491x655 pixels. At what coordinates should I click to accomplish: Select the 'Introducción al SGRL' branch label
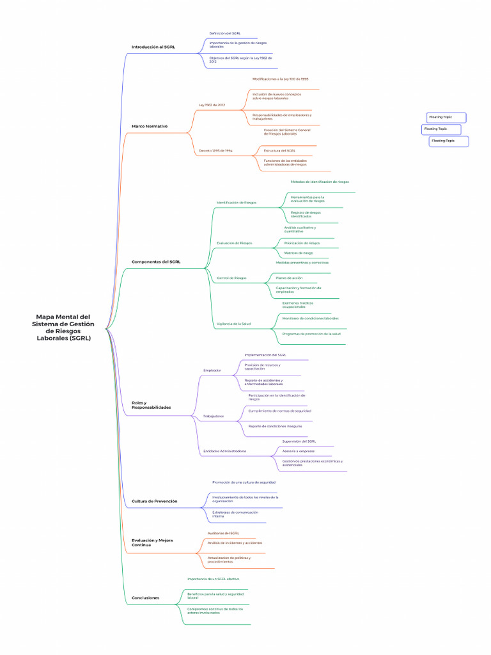click(x=153, y=47)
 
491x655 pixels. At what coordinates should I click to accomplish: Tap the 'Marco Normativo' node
click(x=149, y=126)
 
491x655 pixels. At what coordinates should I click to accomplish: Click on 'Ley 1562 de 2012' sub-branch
click(x=212, y=104)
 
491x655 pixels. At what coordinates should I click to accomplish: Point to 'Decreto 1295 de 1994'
click(x=215, y=151)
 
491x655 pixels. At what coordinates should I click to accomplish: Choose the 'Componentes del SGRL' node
click(x=156, y=262)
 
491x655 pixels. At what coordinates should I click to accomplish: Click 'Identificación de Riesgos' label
click(x=237, y=202)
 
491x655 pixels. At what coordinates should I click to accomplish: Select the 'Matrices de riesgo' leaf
click(x=299, y=253)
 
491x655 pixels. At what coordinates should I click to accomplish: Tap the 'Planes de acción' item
click(x=290, y=278)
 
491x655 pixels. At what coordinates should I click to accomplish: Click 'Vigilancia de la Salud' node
click(x=233, y=324)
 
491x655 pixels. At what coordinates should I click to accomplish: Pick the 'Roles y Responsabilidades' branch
click(x=151, y=405)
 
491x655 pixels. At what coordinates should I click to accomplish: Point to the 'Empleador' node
click(x=212, y=370)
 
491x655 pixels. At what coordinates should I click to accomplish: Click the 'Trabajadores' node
click(x=214, y=416)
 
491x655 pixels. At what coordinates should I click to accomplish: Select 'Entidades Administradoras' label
click(x=224, y=451)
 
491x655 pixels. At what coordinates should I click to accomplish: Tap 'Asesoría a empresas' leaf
click(x=298, y=451)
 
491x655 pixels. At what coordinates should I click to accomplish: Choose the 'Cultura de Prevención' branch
click(x=154, y=501)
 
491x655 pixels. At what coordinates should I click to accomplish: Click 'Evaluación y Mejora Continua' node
click(x=152, y=542)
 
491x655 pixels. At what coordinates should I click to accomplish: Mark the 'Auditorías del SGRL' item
click(x=223, y=533)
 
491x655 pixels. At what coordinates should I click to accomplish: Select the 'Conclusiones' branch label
click(x=145, y=598)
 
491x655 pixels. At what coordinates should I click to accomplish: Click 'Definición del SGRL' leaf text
click(x=225, y=33)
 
